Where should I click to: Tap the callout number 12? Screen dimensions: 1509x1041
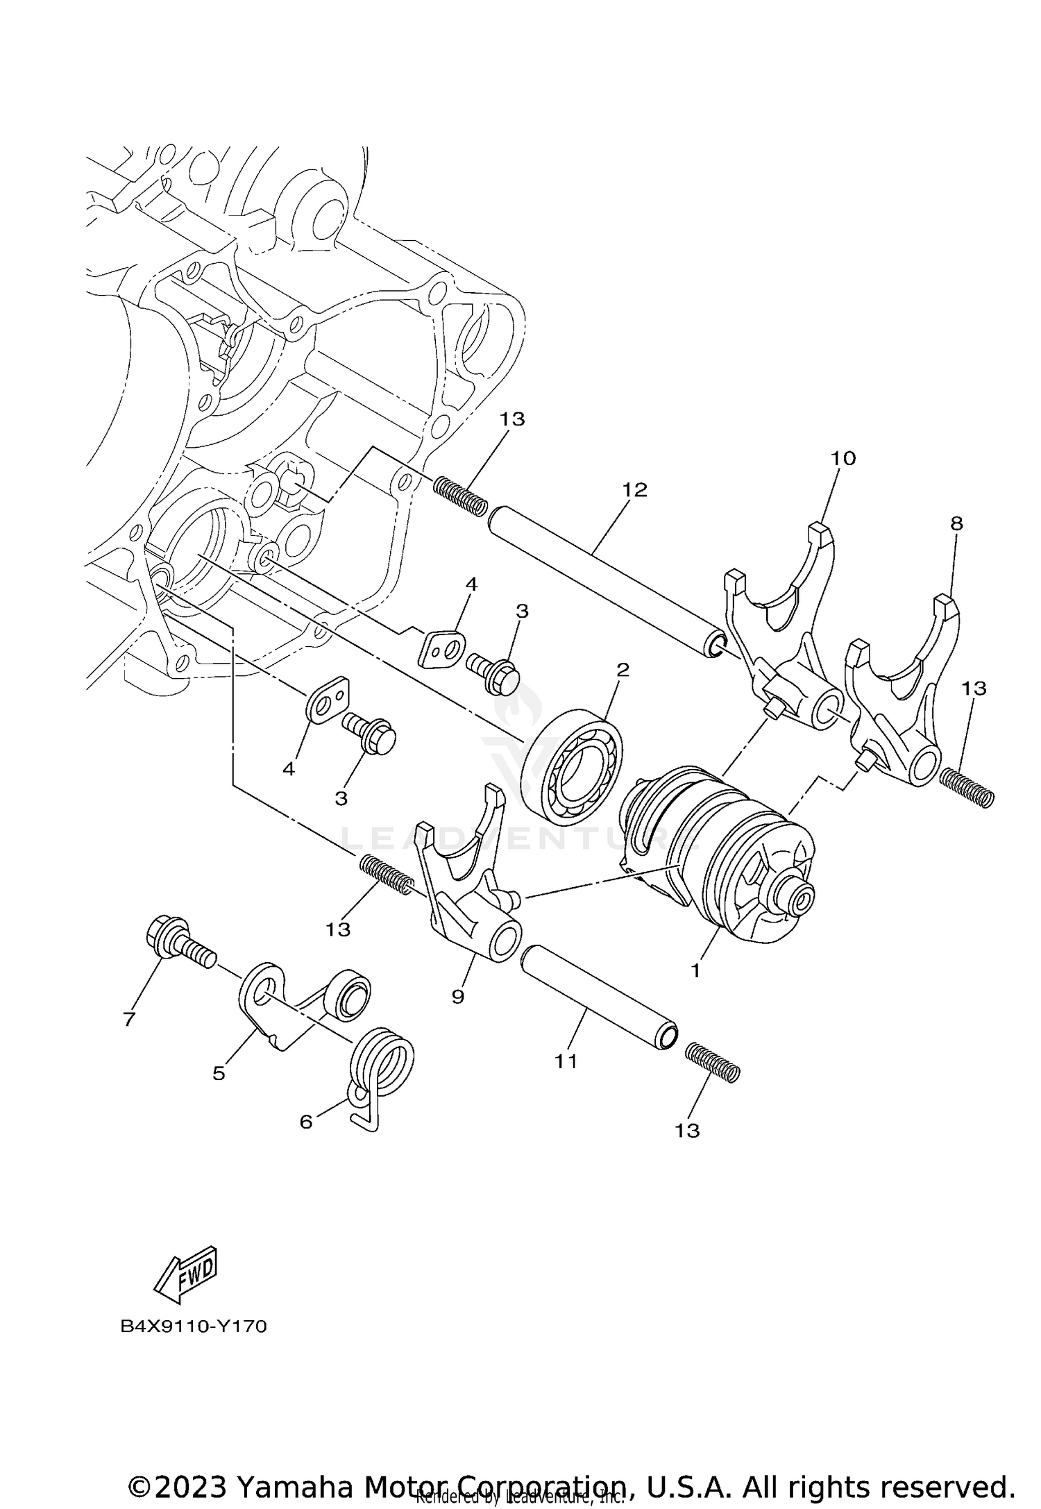[x=634, y=490]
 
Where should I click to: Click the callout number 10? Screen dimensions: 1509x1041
[x=843, y=458]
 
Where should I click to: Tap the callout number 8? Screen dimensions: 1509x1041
[x=956, y=524]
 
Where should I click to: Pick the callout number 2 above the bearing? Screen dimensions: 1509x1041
[x=623, y=670]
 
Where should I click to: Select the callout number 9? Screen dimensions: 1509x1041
[x=457, y=996]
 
